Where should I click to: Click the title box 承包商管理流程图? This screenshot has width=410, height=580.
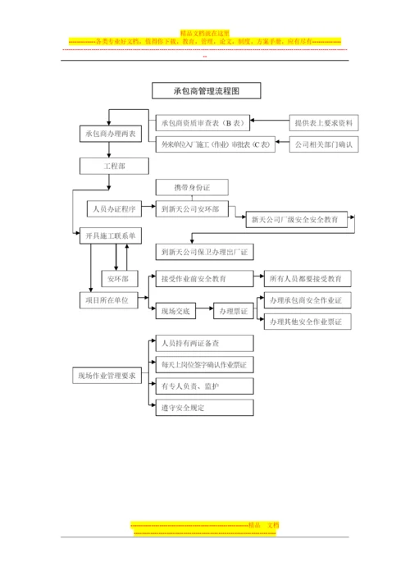click(206, 91)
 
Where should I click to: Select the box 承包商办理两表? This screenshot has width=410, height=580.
click(112, 133)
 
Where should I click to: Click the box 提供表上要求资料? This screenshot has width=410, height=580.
click(324, 123)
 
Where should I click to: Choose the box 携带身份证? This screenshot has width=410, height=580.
click(193, 188)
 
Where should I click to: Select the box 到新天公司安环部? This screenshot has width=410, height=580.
click(194, 208)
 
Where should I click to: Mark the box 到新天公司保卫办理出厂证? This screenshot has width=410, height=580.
click(209, 252)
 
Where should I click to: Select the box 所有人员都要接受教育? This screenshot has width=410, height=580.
click(304, 277)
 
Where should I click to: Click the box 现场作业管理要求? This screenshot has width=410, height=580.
click(107, 377)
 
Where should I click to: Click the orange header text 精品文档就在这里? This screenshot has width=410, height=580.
click(205, 32)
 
